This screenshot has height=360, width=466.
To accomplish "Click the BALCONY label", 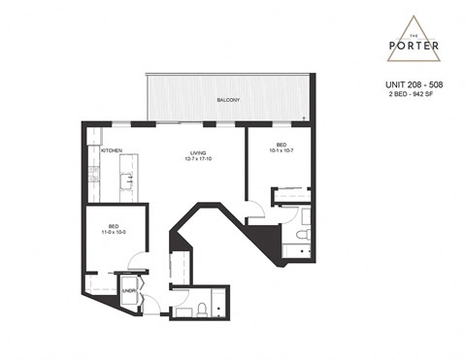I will (x=229, y=100).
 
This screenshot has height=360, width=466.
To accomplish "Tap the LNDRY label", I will (x=128, y=289).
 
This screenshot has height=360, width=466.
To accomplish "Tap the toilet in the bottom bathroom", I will (x=200, y=310).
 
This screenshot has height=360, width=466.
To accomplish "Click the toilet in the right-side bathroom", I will (x=303, y=234).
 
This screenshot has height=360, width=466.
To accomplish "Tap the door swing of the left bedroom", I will (x=139, y=262).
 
